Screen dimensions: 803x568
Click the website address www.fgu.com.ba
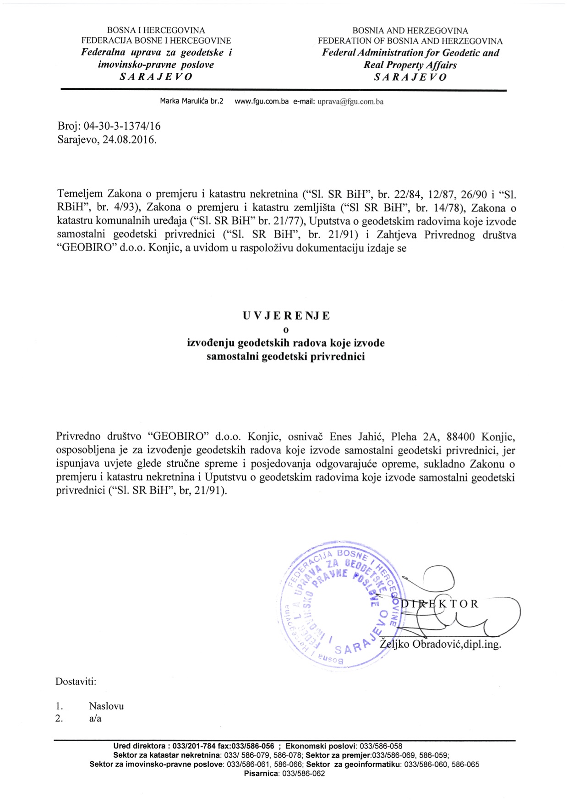tap(262, 101)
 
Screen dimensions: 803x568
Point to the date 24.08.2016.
tap(130, 140)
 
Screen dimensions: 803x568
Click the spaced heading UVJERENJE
tap(286, 316)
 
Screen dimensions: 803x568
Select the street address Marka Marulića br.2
tap(191, 101)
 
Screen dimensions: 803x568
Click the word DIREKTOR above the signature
tap(439, 604)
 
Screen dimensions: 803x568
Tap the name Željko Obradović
tap(420, 644)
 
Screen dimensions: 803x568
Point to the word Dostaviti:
tap(76, 681)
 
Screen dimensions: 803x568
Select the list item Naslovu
tap(106, 706)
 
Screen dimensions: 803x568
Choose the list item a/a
tap(95, 718)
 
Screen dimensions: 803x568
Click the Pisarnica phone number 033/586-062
tap(303, 774)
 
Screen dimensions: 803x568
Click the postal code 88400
tap(460, 437)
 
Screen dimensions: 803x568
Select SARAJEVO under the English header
tap(410, 77)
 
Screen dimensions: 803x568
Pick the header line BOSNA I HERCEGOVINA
tap(156, 31)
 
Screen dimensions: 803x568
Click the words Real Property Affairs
tap(410, 65)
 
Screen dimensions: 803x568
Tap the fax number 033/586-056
tap(255, 746)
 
